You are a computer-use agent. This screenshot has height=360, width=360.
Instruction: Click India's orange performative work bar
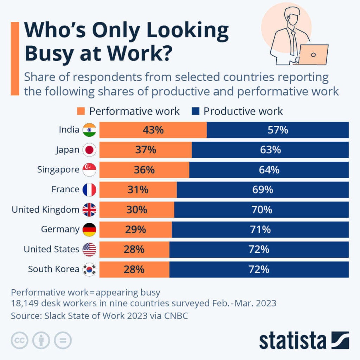(153, 130)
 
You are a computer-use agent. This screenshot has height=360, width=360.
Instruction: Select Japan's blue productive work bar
(270, 150)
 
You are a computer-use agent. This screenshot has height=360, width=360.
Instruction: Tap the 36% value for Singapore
(144, 170)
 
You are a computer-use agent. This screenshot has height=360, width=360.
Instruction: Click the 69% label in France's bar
(263, 190)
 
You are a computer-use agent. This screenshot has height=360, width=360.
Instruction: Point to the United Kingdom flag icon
(89, 210)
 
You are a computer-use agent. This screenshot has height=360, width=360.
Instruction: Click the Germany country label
(60, 230)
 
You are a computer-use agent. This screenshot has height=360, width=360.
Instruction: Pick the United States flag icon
(89, 250)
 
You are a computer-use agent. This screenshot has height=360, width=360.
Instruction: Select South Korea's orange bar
(134, 270)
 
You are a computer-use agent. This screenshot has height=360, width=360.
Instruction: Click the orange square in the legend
(81, 112)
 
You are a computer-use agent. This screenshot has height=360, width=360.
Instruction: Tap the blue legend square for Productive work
(196, 112)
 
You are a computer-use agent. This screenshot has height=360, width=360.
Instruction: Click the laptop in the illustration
(313, 54)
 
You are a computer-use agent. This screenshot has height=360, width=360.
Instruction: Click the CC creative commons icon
(20, 340)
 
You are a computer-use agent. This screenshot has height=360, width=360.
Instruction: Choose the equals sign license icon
(63, 340)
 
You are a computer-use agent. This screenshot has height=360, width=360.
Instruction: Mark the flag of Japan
(89, 150)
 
